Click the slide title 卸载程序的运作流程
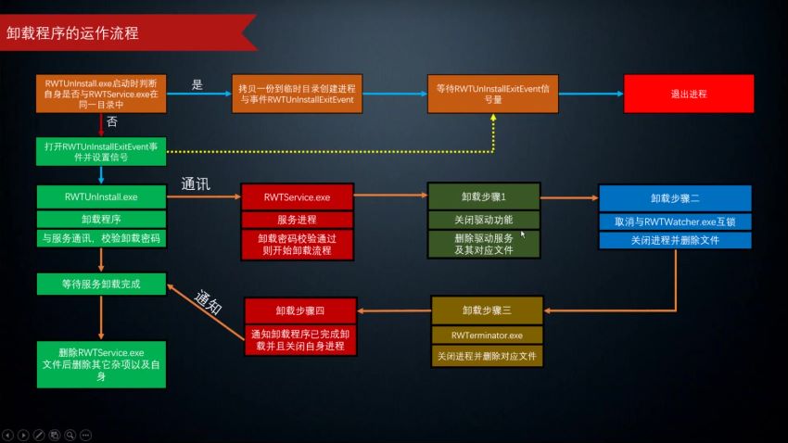click(72, 33)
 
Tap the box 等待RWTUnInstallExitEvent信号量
click(493, 95)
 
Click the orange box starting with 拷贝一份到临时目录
click(298, 94)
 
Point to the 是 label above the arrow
click(197, 84)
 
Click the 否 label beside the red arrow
click(111, 121)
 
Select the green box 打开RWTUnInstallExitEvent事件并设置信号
click(101, 152)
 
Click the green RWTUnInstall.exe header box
click(101, 196)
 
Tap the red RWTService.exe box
click(297, 196)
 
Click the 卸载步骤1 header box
click(484, 196)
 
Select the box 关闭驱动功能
click(484, 220)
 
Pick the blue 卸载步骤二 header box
click(674, 198)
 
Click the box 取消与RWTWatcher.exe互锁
click(674, 221)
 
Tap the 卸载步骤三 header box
click(488, 310)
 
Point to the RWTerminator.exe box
click(488, 334)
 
